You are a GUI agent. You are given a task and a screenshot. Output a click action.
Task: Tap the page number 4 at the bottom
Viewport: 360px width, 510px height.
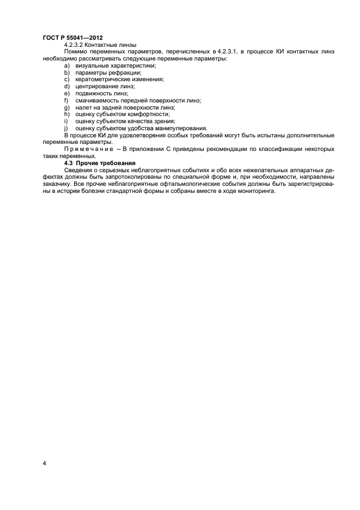click(x=45, y=464)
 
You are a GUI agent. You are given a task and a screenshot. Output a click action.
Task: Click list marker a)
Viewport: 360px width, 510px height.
click(x=67, y=65)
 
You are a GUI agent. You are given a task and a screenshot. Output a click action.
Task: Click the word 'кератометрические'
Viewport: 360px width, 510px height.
click(x=103, y=79)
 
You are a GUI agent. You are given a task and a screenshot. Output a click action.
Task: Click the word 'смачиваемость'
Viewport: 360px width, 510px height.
click(x=98, y=100)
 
